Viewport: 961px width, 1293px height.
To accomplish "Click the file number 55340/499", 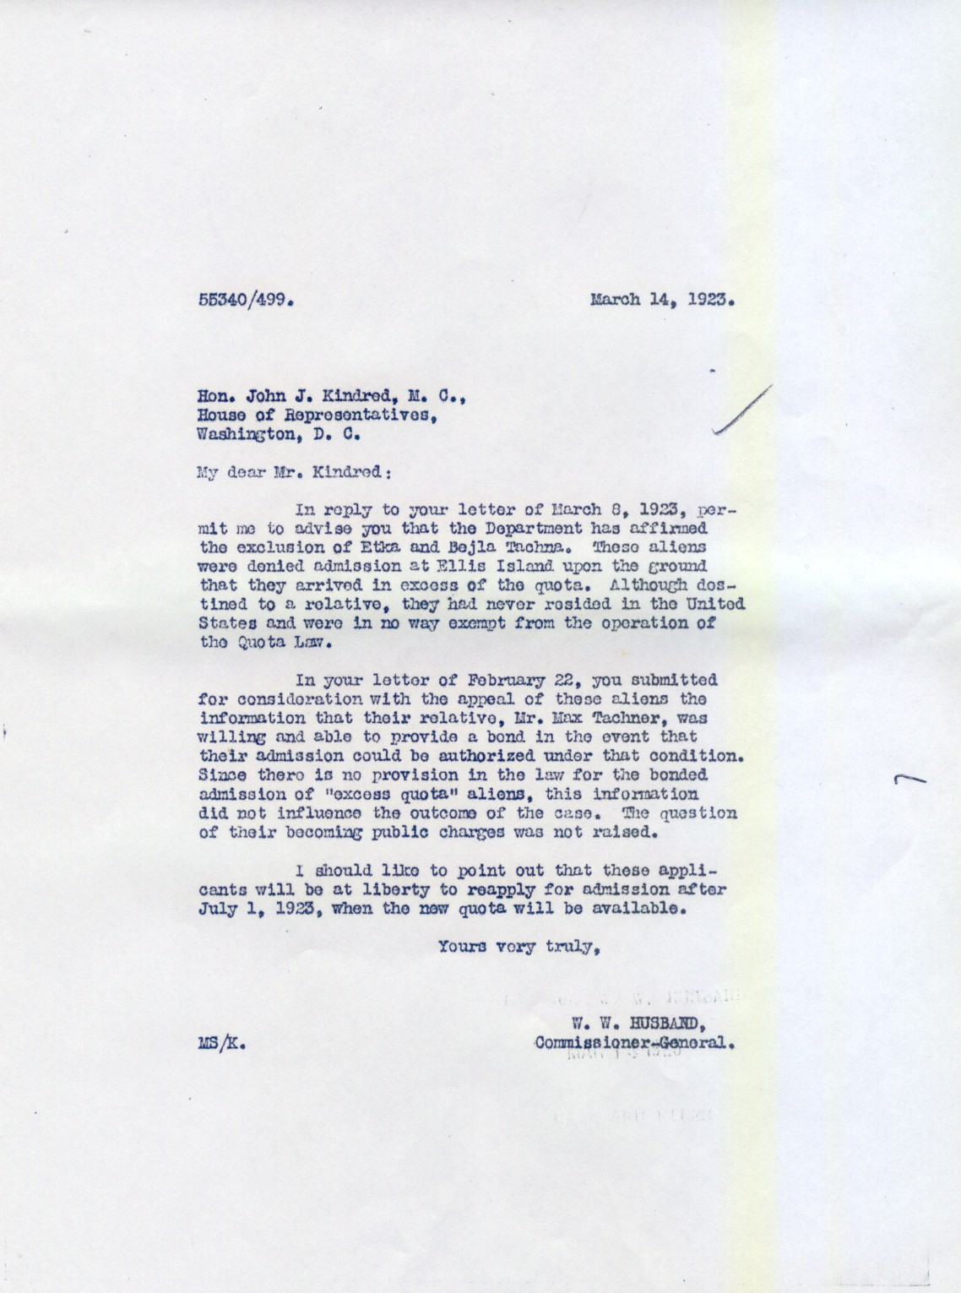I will (245, 299).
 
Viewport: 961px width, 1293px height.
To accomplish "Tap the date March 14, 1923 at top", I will (660, 298).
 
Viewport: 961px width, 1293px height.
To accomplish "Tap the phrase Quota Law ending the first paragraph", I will (271, 642).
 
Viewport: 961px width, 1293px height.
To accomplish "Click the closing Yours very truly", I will (519, 947).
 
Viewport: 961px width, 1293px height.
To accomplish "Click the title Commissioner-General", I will (633, 1042).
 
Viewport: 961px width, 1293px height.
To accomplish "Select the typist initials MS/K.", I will (222, 1043).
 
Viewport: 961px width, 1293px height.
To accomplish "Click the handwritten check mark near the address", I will (743, 410).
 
